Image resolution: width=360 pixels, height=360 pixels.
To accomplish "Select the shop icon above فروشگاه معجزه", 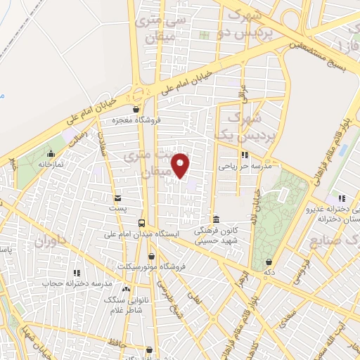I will pyautogui.click(x=135, y=109).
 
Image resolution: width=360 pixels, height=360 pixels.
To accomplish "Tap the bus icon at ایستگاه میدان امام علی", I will pyautogui.click(x=141, y=222).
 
